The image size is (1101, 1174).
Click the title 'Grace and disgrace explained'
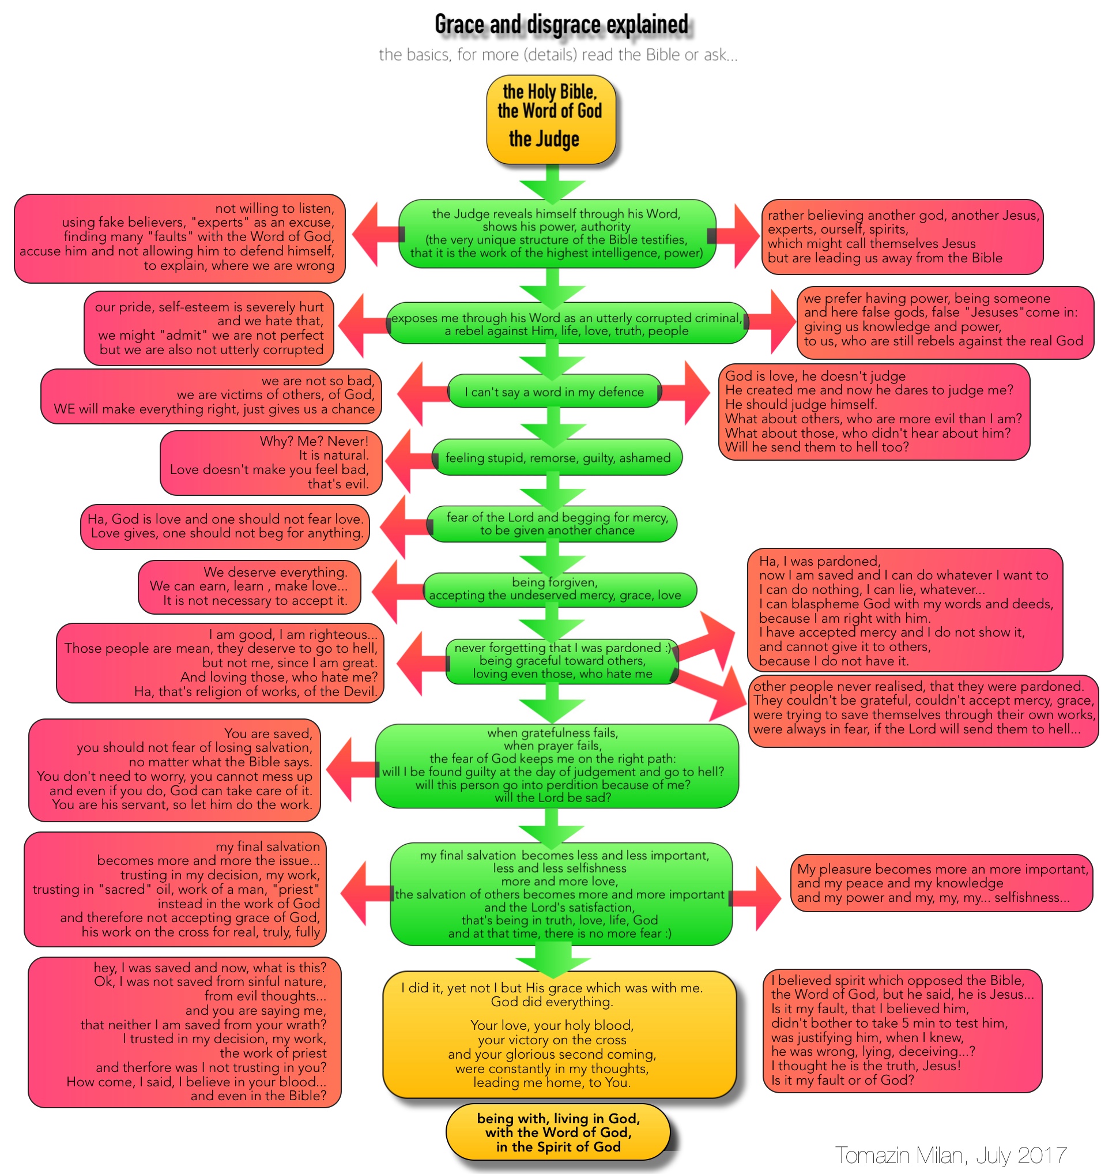[561, 25]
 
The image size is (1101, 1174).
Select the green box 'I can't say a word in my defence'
[554, 392]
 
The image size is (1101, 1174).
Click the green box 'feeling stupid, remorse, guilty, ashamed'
[557, 458]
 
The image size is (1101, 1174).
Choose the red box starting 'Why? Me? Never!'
[270, 463]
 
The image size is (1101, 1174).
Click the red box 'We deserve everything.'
[249, 586]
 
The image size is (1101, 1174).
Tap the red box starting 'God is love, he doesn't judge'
[874, 412]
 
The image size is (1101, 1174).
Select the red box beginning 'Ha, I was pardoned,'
[904, 610]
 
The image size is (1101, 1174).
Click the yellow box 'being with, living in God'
[558, 1132]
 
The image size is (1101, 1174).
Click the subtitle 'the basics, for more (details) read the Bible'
[558, 55]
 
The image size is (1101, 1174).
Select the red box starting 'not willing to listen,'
[179, 238]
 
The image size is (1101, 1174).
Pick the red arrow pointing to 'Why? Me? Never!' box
[408, 460]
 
